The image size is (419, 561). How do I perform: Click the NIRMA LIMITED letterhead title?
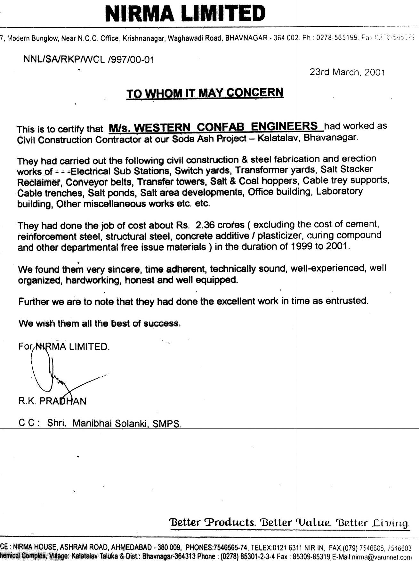click(x=185, y=13)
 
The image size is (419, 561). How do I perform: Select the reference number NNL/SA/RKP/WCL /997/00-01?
click(x=89, y=60)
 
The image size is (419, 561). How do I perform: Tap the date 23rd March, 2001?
click(x=347, y=72)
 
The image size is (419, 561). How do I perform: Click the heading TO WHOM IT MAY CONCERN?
click(x=205, y=93)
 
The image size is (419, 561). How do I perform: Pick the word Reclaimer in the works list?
click(x=39, y=182)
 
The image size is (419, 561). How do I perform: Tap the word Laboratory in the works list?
click(x=340, y=191)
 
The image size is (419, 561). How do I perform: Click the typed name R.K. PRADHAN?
click(x=52, y=401)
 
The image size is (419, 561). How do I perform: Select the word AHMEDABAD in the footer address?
click(x=129, y=548)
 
